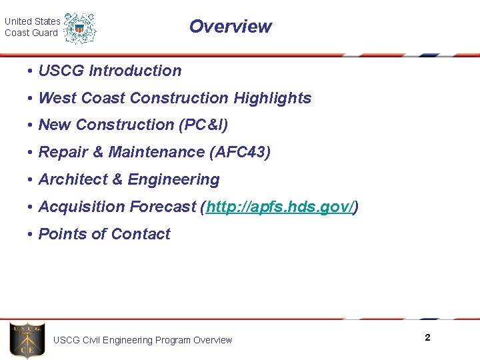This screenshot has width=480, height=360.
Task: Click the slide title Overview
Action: coord(230,27)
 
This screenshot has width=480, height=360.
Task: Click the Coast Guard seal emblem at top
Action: coord(80,28)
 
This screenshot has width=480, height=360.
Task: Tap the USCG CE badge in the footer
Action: coord(27,341)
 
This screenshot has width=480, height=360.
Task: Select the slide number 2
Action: coord(427,338)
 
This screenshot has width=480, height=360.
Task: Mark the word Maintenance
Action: coord(156,153)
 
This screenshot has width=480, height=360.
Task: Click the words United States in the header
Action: coord(32,21)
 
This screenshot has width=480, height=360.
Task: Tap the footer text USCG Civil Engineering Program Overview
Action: coord(143,341)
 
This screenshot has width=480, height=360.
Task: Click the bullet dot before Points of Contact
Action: coord(31,235)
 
